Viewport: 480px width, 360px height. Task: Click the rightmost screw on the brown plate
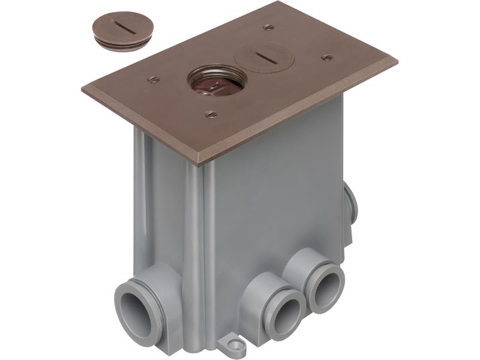326,58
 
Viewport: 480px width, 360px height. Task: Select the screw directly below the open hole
211,114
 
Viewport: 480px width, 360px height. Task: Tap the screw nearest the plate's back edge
269,27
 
